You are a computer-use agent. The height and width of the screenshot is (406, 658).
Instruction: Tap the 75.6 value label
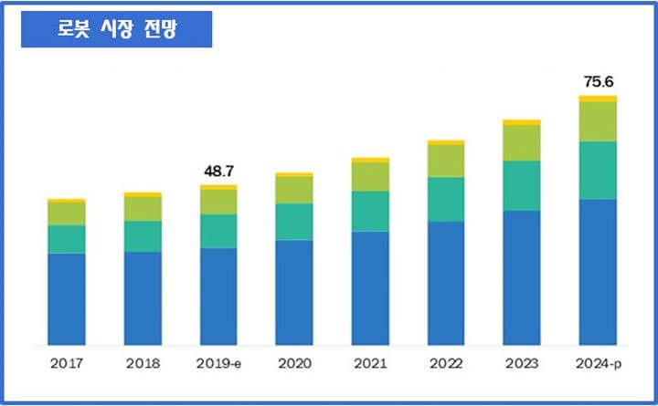point(598,82)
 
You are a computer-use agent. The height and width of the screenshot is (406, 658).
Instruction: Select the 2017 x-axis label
point(67,363)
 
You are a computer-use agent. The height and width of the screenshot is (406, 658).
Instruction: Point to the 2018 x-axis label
point(143,363)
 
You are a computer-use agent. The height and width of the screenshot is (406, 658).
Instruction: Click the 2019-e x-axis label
point(218,363)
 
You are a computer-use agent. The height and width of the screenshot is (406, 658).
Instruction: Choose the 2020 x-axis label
point(294,363)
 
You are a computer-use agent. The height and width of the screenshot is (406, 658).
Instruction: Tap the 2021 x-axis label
point(370,363)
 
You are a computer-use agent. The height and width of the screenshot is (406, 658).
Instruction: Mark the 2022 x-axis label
point(446,363)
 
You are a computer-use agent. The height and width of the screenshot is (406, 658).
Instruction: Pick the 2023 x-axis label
point(522,363)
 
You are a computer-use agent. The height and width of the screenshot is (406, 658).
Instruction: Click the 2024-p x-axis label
point(598,363)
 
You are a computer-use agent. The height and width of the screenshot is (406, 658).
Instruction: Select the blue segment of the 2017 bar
point(67,299)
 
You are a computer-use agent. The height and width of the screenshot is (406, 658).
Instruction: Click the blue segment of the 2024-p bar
point(598,272)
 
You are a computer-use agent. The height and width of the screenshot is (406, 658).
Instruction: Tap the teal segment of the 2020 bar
point(294,222)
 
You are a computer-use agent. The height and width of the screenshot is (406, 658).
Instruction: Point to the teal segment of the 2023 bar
point(522,185)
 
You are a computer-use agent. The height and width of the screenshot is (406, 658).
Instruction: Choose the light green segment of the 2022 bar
point(446,161)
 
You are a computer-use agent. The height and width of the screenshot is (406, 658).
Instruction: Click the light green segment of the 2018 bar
point(143,209)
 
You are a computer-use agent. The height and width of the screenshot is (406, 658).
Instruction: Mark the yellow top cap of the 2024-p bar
point(598,99)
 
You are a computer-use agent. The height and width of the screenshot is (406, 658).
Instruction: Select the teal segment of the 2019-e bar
point(218,231)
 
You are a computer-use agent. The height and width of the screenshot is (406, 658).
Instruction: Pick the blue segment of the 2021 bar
point(370,288)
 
